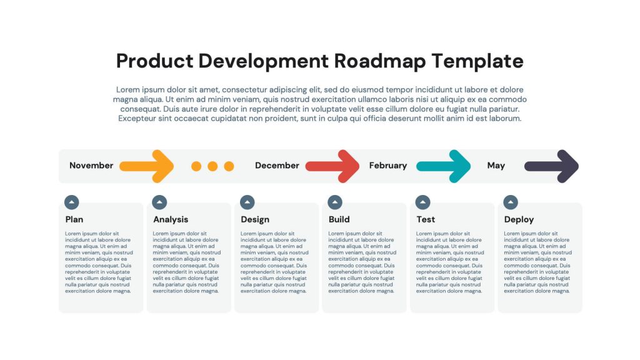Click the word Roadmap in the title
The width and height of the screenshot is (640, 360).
[x=379, y=61]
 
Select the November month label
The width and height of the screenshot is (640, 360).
[x=91, y=165]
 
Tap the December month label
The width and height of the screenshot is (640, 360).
[x=277, y=165]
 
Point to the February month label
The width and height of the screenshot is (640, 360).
[x=387, y=165]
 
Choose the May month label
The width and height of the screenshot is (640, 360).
[x=496, y=165]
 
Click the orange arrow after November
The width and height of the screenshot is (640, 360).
[x=146, y=166]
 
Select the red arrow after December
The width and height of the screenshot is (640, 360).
[x=332, y=166]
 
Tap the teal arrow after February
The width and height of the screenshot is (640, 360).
[x=444, y=166]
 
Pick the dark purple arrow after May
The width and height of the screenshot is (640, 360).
[x=551, y=166]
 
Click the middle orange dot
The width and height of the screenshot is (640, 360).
[x=212, y=166]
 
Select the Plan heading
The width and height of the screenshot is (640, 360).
[x=74, y=219]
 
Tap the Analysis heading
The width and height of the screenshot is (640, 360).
[x=171, y=219]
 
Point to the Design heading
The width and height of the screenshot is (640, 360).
[x=255, y=219]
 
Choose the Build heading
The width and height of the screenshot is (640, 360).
[x=339, y=219]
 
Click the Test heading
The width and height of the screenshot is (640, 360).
[x=426, y=219]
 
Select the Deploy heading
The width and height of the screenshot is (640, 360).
[x=519, y=219]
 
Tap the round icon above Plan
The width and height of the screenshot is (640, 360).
[x=71, y=202]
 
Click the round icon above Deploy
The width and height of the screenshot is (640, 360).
[x=511, y=202]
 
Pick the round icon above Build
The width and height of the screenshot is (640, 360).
[x=335, y=202]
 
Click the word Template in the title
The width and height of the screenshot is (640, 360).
[x=477, y=61]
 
